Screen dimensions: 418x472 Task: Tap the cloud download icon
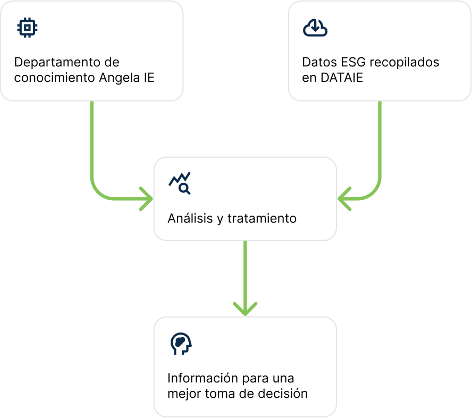(315, 28)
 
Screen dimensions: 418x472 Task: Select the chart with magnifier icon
(180, 183)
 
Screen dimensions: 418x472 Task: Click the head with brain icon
(181, 344)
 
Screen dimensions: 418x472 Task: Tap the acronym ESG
(353, 62)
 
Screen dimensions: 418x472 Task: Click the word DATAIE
(343, 78)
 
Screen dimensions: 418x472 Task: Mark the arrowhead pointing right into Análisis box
(146, 199)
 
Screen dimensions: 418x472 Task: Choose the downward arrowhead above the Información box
(245, 309)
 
